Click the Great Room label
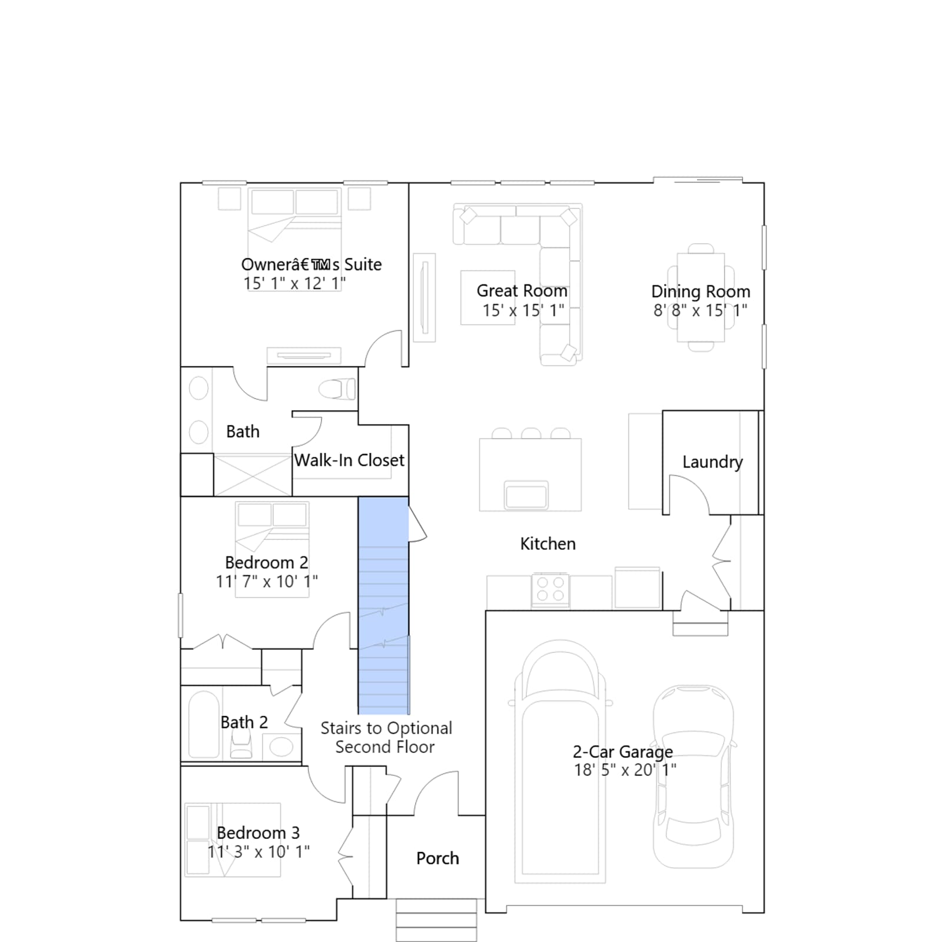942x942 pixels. (x=522, y=291)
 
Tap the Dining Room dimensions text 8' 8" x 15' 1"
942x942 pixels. (x=700, y=310)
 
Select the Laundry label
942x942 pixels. (x=712, y=462)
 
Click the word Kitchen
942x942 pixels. (x=548, y=543)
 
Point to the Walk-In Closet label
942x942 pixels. (x=349, y=460)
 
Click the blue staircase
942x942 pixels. (x=383, y=605)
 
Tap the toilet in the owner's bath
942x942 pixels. (x=337, y=389)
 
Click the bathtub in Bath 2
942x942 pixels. (x=204, y=724)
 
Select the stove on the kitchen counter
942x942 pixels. (x=550, y=589)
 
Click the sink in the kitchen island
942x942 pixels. (x=526, y=495)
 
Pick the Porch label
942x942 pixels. (x=437, y=858)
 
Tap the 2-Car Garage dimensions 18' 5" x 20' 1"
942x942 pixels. (x=625, y=770)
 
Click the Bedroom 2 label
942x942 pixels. (x=266, y=563)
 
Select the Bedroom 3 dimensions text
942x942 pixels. (x=258, y=852)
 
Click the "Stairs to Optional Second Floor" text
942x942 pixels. (x=386, y=737)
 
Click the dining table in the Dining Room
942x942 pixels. (x=701, y=297)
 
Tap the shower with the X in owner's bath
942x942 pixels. (x=253, y=475)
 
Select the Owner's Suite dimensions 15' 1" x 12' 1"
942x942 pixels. (x=295, y=283)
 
